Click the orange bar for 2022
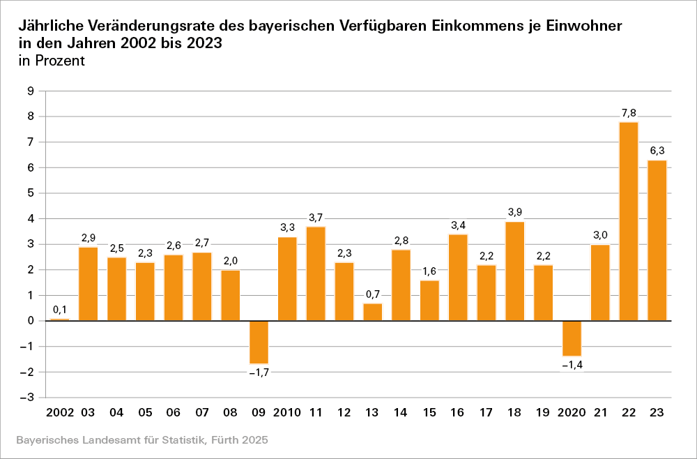pos(629,221)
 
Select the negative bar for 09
pos(259,342)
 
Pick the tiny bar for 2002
pos(60,319)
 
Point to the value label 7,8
pos(629,112)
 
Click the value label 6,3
pos(657,151)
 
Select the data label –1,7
pos(259,373)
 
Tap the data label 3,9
pos(515,212)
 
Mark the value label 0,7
pos(373,294)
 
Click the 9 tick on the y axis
pos(31,91)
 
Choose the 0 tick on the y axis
pos(31,321)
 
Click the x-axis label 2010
pos(286,413)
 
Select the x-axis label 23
pos(657,413)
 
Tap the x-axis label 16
pos(458,413)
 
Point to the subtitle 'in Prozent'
pos(52,61)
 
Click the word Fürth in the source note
pos(210,441)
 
